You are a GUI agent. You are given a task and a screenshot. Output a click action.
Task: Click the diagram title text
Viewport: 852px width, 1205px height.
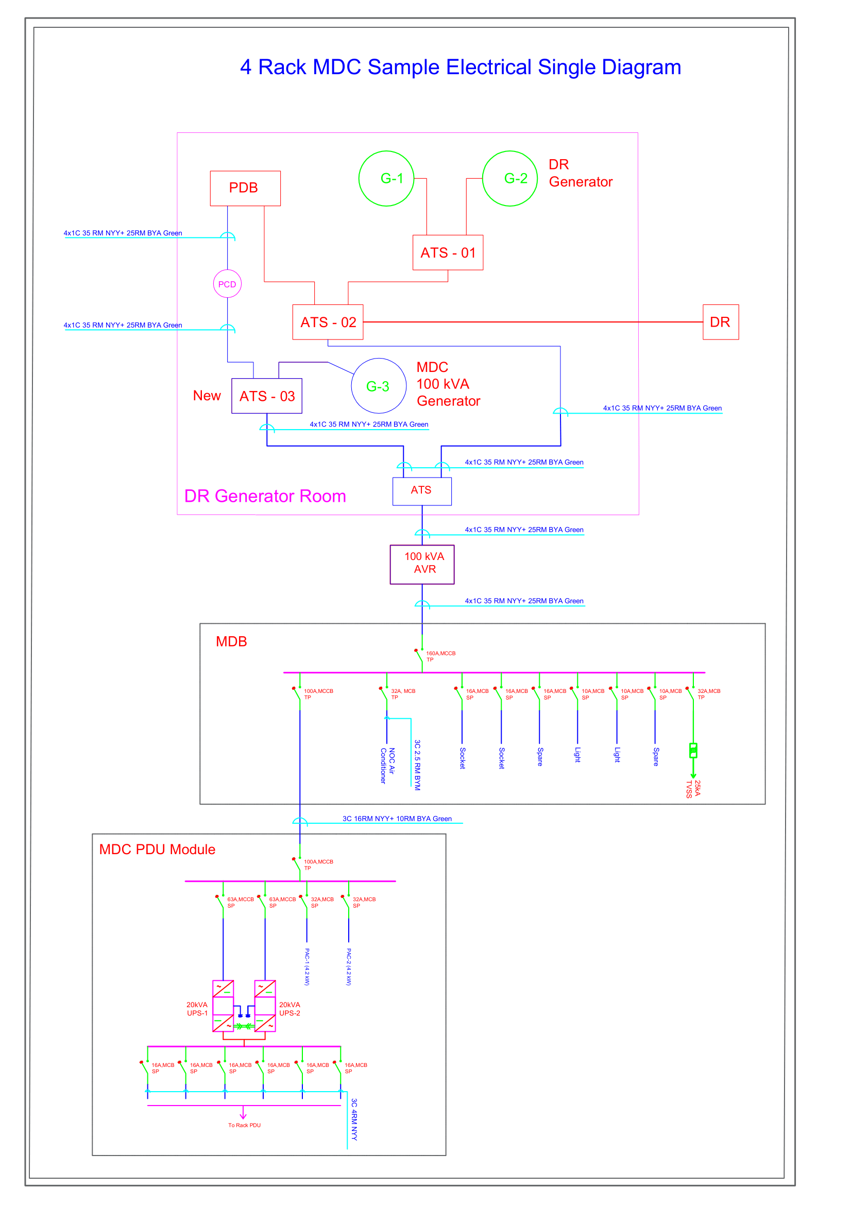[461, 67]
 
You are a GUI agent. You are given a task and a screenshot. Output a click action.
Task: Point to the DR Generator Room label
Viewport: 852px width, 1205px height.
[265, 496]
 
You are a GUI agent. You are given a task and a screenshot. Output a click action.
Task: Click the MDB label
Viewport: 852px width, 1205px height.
[231, 641]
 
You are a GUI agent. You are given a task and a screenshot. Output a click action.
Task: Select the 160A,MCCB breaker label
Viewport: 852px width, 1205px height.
[441, 656]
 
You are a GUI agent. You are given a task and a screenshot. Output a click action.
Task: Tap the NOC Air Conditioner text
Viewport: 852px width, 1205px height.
[387, 766]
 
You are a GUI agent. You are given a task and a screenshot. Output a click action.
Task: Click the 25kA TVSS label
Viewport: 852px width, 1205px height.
[693, 789]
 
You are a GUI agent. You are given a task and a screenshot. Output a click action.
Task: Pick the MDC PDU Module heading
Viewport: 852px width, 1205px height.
[158, 849]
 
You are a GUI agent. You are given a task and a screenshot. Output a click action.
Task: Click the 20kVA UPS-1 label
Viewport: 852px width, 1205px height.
[197, 1009]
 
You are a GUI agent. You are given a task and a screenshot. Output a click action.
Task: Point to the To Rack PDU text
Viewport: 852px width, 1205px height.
[245, 1125]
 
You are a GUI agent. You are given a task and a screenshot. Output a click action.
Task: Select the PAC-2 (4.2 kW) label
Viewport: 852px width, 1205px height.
[349, 966]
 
